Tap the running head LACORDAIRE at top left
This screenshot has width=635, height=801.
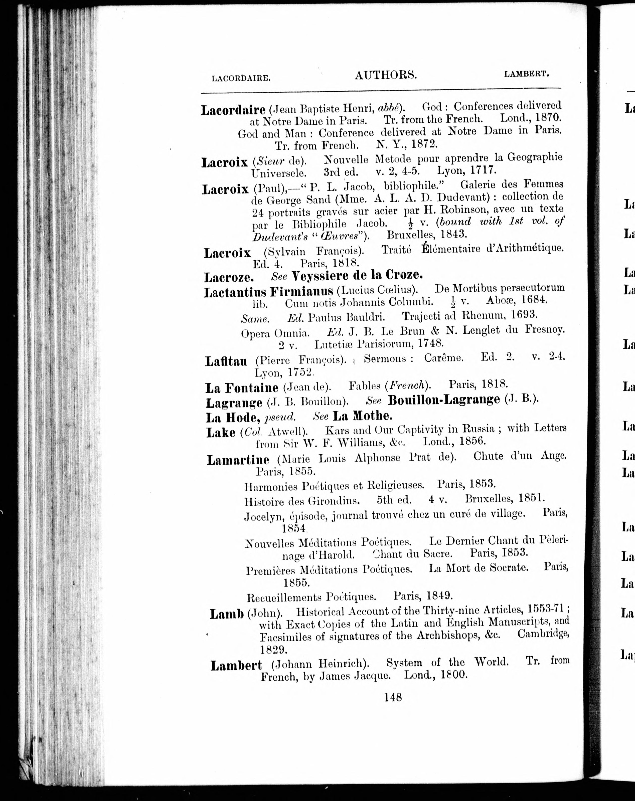240,78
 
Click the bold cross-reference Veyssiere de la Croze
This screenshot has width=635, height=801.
357,275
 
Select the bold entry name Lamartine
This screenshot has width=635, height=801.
238,460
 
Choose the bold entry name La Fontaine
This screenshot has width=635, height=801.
242,388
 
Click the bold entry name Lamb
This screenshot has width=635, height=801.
226,614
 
